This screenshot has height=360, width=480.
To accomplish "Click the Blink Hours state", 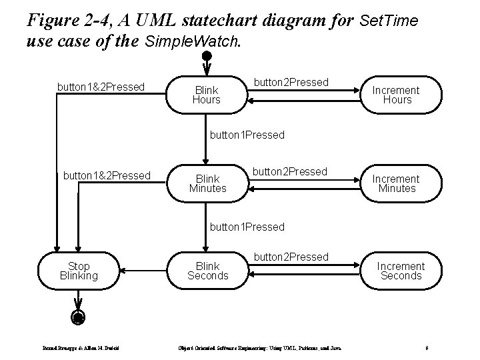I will [206, 95].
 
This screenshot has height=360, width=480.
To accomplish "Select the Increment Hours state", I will [396, 95].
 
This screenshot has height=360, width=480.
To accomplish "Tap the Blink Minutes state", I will [207, 183].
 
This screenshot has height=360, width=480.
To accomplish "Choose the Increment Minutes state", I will [396, 183].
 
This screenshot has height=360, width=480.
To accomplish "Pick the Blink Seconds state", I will [207, 271].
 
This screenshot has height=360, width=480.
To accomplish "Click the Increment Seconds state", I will [400, 271].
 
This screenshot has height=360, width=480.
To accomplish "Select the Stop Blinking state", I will [79, 271].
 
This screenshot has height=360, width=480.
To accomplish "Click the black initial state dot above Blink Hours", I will [207, 55].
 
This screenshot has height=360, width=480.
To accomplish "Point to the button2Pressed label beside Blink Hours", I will [291, 82].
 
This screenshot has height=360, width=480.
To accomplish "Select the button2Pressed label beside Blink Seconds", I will [291, 257].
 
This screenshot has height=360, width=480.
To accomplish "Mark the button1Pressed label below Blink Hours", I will [247, 135].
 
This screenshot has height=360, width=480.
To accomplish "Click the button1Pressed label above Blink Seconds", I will [247, 227].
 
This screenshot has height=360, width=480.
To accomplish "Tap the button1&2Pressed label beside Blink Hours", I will [101, 87].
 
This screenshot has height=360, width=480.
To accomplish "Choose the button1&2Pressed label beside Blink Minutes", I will [106, 175].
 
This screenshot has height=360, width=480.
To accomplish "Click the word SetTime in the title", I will [388, 21].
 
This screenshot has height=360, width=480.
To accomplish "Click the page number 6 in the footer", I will [425, 348].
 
